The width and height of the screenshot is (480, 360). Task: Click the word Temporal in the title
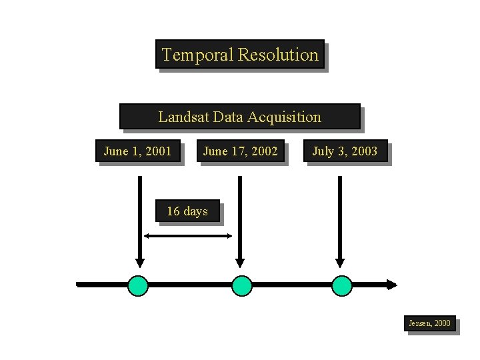click(197, 55)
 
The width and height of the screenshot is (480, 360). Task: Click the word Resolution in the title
click(279, 55)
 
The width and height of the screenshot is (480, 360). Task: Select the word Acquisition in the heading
click(285, 117)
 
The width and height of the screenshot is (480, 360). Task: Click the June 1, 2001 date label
click(137, 151)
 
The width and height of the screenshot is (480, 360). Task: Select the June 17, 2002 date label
click(240, 151)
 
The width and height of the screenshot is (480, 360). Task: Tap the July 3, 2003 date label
click(345, 151)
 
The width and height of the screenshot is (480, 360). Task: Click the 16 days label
click(187, 211)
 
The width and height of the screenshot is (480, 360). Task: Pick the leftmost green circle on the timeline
click(139, 285)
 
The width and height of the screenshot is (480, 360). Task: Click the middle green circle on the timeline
click(242, 285)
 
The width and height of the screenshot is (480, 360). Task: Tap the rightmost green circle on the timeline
click(342, 285)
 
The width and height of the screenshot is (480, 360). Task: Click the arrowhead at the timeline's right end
click(391, 285)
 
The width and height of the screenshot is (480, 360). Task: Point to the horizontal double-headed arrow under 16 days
click(188, 235)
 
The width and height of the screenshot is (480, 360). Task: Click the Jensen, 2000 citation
click(429, 323)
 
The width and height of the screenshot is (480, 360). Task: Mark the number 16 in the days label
click(173, 211)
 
